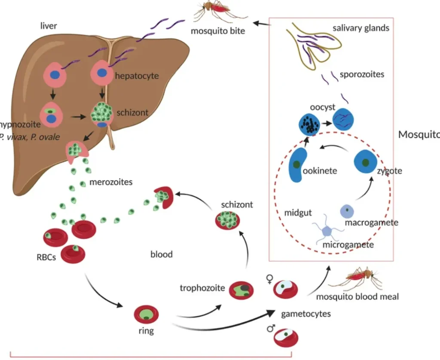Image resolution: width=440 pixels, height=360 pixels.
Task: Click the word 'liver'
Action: [48, 26]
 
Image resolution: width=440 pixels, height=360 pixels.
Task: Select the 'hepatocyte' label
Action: [137, 76]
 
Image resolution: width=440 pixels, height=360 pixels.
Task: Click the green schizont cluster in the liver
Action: [101, 113]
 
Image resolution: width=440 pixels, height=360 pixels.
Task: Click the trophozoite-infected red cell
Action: [241, 290]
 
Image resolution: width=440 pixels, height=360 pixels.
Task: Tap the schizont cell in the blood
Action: [227, 221]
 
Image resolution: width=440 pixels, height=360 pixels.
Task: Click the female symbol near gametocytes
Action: [269, 280]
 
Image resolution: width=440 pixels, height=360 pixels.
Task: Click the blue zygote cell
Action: [365, 162]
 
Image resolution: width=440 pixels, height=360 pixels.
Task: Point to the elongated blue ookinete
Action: [298, 165]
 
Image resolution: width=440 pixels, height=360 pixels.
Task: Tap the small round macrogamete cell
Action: [347, 211]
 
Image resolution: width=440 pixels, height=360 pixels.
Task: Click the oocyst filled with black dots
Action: [309, 124]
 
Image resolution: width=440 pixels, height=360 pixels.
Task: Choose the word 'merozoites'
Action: [111, 182]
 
